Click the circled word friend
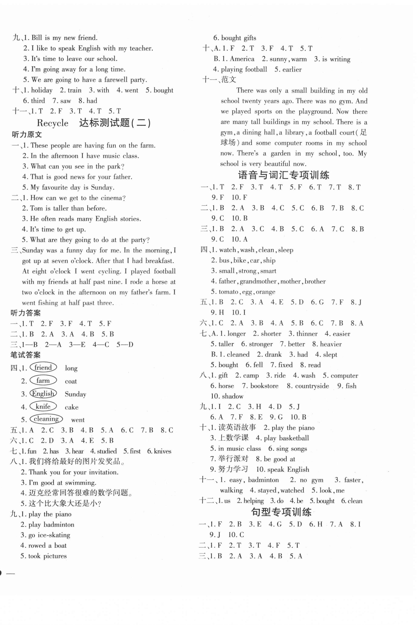43,367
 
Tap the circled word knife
43,406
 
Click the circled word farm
43,381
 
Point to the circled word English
43,393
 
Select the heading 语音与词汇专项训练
283,175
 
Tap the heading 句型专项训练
281,512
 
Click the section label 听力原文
27,134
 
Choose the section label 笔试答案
25,355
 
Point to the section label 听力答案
25,313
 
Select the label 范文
229,80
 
